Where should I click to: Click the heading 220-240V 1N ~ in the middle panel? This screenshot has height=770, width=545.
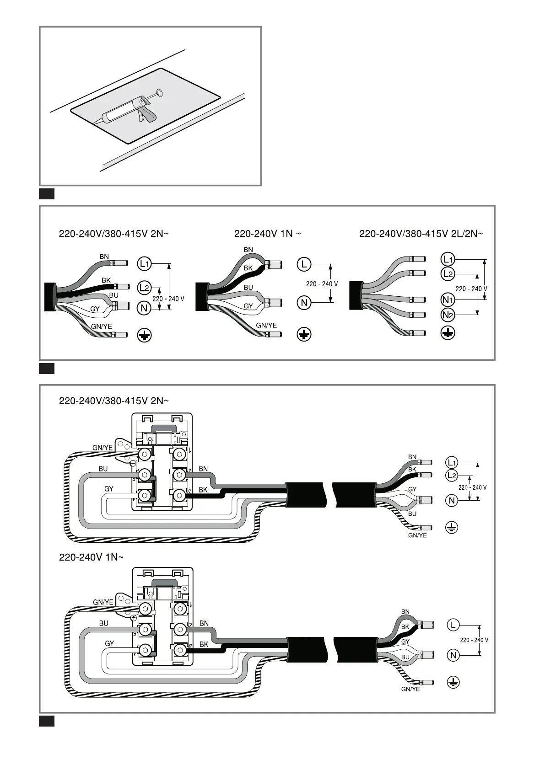[x=267, y=234]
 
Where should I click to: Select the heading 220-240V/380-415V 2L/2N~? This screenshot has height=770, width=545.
[x=421, y=234]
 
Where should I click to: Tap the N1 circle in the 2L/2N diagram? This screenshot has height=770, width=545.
[x=448, y=300]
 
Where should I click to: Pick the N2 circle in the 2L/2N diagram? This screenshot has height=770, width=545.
[x=448, y=315]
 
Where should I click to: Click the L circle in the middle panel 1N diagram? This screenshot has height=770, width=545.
[x=304, y=264]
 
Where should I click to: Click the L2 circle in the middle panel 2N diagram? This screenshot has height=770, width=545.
[x=144, y=288]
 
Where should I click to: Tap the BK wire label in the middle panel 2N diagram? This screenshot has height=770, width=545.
[x=106, y=280]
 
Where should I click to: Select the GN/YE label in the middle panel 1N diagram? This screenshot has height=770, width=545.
[x=266, y=326]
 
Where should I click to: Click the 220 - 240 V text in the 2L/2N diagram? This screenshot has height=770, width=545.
[x=471, y=289]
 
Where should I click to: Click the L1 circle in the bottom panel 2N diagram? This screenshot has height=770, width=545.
[x=452, y=462]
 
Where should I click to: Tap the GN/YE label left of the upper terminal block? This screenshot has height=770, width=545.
[x=103, y=448]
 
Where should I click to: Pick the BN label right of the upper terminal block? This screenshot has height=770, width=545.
[x=203, y=469]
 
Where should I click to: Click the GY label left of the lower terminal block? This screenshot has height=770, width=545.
[x=109, y=643]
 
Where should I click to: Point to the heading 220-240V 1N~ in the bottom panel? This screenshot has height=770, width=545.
[x=91, y=557]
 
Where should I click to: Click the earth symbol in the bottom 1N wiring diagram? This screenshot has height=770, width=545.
[x=453, y=683]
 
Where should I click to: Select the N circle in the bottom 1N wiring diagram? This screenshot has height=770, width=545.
[x=453, y=655]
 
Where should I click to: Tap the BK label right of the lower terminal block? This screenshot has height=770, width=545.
[x=204, y=644]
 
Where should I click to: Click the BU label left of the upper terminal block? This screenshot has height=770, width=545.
[x=103, y=469]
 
